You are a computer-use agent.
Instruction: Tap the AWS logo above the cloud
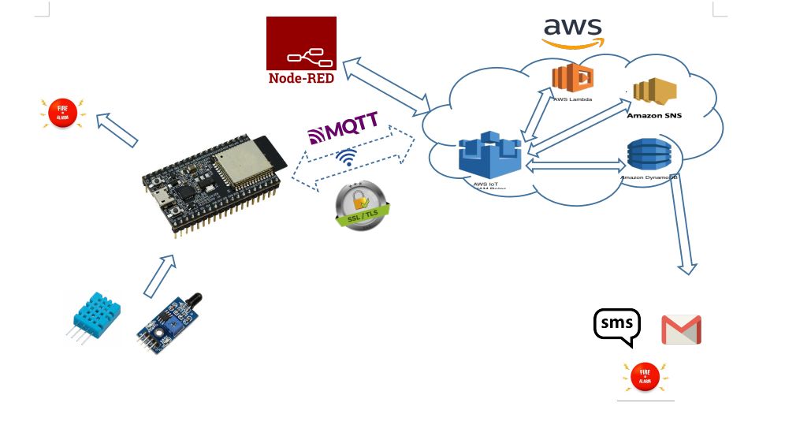pyautogui.click(x=573, y=32)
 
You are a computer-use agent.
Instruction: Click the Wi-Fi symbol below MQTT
pyautogui.click(x=345, y=157)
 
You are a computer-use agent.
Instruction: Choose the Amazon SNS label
pyautogui.click(x=654, y=115)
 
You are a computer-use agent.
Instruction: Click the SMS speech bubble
pyautogui.click(x=616, y=326)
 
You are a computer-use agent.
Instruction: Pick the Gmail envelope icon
pyautogui.click(x=681, y=330)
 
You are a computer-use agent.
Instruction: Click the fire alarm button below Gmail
pyautogui.click(x=645, y=377)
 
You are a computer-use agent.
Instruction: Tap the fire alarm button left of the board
pyautogui.click(x=64, y=114)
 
